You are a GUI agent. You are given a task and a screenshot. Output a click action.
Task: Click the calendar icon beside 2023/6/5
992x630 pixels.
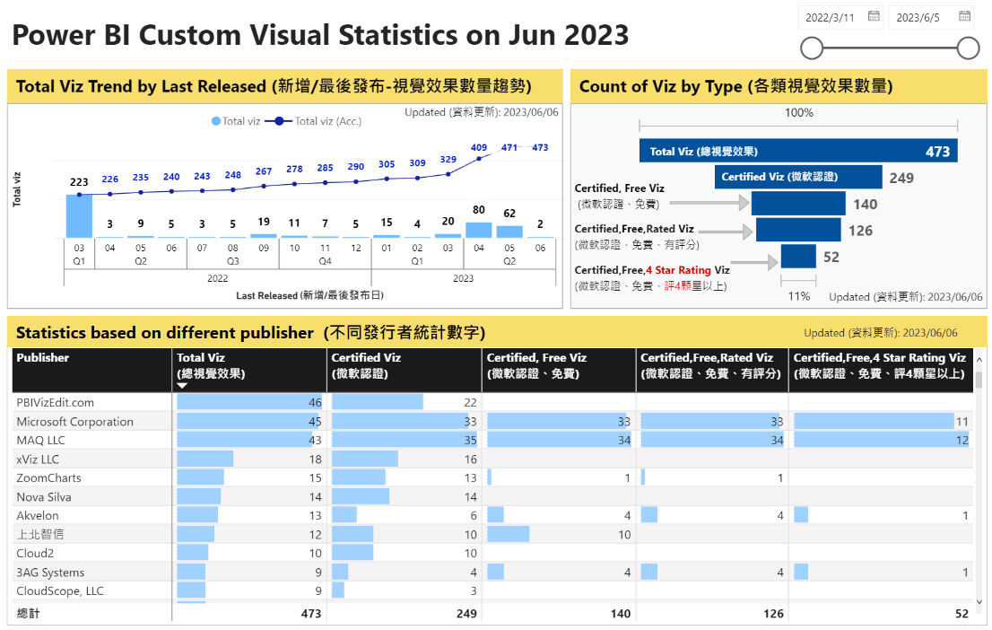tap(964, 16)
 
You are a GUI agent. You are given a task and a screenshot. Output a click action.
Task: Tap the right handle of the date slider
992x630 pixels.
tap(968, 48)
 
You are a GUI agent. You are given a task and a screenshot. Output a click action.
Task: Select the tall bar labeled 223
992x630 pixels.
tap(79, 215)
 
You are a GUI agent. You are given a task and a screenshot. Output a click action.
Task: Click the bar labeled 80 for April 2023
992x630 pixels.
tap(479, 230)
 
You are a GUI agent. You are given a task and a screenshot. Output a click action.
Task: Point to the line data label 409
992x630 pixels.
tap(479, 147)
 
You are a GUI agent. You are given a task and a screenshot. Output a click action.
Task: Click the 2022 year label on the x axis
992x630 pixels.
tap(217, 278)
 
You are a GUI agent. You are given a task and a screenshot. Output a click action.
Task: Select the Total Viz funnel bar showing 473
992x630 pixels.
tap(798, 152)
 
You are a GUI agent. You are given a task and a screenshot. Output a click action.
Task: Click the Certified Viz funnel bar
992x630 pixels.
tap(798, 178)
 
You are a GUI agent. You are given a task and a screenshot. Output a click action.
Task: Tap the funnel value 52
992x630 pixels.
tap(831, 258)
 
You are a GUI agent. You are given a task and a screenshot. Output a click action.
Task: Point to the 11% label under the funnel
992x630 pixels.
tap(798, 296)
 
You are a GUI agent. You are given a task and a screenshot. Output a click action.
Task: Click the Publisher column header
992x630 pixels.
tap(43, 357)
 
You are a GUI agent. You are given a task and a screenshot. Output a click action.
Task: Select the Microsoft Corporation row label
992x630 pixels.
tap(74, 422)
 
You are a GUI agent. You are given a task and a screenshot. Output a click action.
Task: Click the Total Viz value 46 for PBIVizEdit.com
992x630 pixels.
tap(315, 403)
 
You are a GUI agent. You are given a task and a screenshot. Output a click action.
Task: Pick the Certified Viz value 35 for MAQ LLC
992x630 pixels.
tap(470, 441)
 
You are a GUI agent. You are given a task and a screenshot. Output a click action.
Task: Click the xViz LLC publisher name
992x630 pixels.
tap(38, 459)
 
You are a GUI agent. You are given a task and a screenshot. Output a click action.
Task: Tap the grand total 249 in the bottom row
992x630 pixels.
tap(466, 614)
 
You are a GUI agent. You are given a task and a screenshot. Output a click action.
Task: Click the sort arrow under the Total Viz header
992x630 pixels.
tap(182, 386)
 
